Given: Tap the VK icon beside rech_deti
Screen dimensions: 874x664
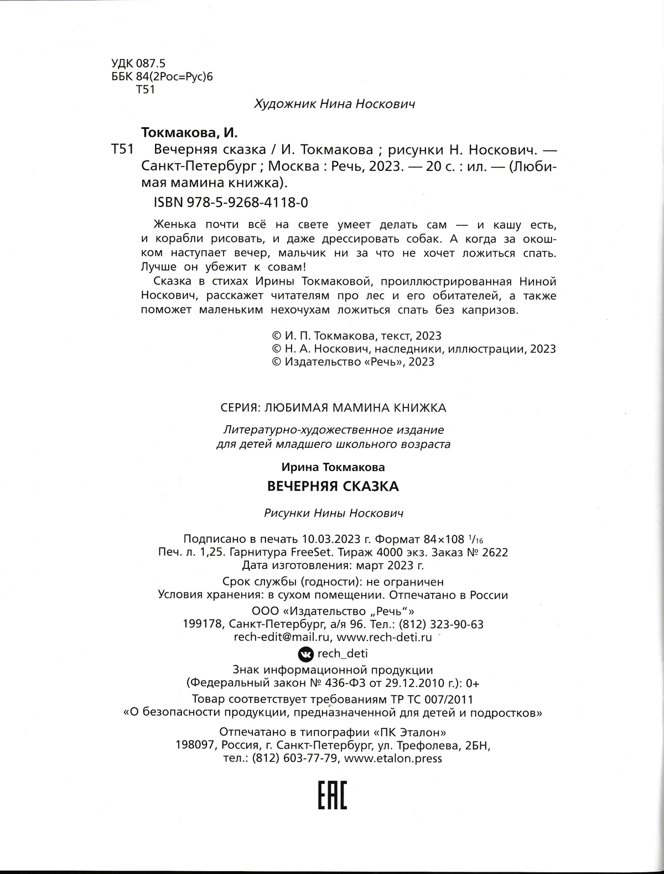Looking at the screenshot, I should pyautogui.click(x=305, y=654).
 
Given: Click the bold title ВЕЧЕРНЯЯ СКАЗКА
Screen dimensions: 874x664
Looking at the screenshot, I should pyautogui.click(x=333, y=487).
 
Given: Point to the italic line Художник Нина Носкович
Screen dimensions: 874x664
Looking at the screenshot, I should pyautogui.click(x=334, y=104).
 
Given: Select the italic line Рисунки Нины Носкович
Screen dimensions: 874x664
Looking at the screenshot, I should pyautogui.click(x=334, y=513).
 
